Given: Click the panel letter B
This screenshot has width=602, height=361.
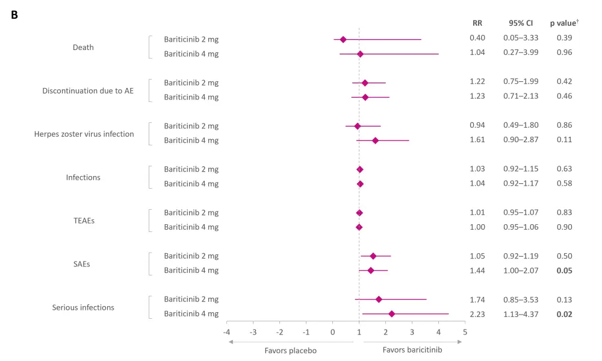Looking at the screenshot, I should point(14,15).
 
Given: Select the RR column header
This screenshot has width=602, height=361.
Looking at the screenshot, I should point(477,23).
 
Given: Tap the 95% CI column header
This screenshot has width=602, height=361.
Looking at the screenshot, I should point(521,23).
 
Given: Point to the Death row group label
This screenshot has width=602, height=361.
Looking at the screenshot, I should point(83,47).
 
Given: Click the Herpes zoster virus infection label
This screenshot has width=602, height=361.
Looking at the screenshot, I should point(84,134).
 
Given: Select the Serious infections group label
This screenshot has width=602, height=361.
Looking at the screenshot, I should point(83,307).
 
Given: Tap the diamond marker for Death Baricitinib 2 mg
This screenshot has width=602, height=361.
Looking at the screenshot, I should point(343,39).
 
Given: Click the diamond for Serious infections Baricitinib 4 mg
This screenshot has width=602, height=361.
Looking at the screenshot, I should point(392,314).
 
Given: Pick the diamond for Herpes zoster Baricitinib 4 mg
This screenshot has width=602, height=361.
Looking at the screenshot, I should point(375,140).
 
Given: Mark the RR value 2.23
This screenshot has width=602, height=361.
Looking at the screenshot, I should point(477,314).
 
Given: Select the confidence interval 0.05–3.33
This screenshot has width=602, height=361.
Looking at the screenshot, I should point(521,38).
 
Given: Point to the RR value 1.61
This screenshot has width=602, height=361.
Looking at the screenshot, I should point(477,140).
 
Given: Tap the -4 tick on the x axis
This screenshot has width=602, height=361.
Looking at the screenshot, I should point(227,332).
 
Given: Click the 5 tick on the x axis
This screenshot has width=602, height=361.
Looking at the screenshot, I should point(465,332).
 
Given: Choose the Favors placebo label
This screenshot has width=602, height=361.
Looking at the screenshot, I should point(291,350).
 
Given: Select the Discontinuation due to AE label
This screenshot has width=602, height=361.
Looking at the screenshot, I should point(88,90).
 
